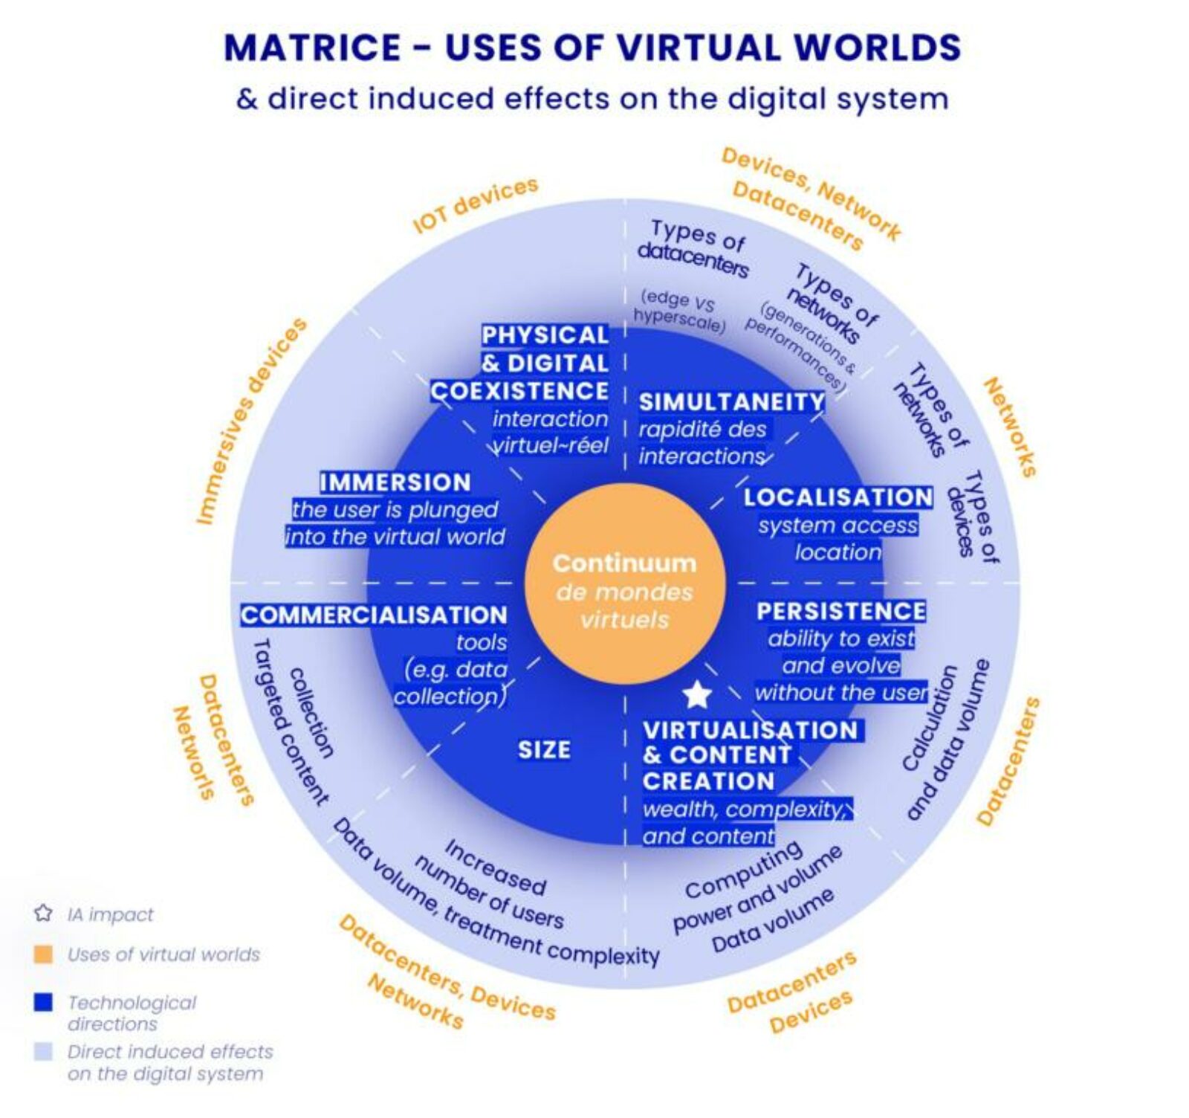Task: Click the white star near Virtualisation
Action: [696, 695]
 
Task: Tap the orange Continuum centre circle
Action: [624, 584]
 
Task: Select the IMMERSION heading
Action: [395, 482]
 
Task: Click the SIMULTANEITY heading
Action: [732, 402]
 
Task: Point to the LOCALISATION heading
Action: [838, 497]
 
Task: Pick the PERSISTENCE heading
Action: [841, 611]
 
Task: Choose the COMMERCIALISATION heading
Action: [374, 615]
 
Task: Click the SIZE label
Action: [544, 750]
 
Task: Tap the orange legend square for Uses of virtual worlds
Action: [44, 954]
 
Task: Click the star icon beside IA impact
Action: [43, 914]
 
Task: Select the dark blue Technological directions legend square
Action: [44, 1002]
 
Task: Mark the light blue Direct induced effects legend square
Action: [44, 1051]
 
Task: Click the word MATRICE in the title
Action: [312, 48]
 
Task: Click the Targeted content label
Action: [290, 721]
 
